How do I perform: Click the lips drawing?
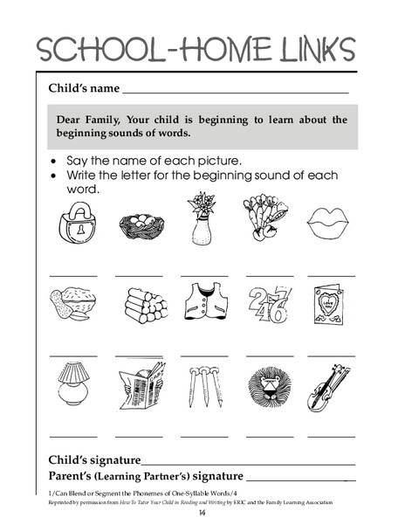[x=331, y=227]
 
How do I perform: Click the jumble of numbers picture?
[x=267, y=308]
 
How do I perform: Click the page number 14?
[x=202, y=515]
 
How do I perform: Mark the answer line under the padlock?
[x=73, y=274]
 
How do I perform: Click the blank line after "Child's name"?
[x=236, y=92]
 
